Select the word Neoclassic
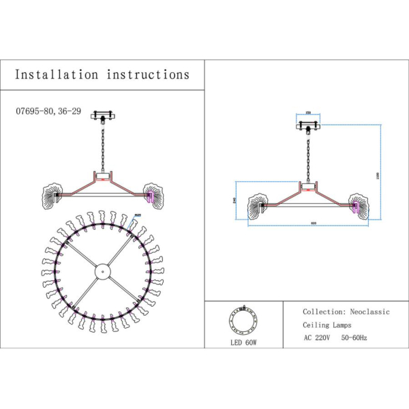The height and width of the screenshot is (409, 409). (x=368, y=312)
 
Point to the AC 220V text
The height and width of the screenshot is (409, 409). (x=316, y=337)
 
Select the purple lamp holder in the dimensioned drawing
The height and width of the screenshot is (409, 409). (x=354, y=204)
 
